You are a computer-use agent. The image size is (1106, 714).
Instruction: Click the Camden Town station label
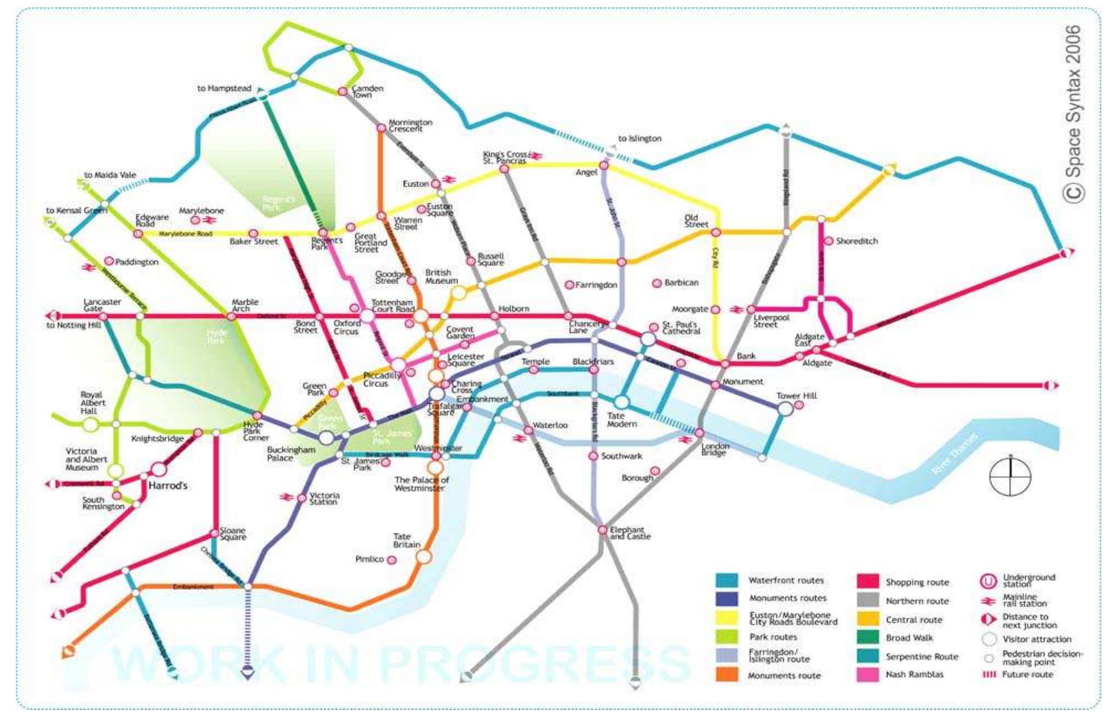[367, 92]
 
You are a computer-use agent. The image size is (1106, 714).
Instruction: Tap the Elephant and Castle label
[630, 533]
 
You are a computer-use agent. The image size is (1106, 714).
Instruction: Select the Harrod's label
[167, 486]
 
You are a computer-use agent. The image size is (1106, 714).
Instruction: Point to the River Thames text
[955, 454]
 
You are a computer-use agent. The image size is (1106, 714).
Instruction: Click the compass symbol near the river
[1010, 476]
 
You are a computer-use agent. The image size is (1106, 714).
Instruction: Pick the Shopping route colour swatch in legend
[867, 581]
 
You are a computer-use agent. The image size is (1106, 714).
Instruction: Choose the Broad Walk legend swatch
[867, 638]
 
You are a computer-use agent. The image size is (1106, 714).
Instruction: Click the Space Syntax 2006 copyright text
[1073, 114]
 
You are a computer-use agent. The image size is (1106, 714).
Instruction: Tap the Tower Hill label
[796, 396]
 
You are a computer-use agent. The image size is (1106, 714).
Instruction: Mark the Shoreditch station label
[856, 241]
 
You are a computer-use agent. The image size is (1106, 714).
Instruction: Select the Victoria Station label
[324, 499]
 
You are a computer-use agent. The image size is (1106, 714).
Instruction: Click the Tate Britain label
[406, 540]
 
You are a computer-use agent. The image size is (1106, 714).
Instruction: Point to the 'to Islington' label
[640, 138]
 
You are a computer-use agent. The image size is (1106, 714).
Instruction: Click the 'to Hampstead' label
[224, 88]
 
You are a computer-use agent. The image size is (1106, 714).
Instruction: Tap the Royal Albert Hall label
[92, 403]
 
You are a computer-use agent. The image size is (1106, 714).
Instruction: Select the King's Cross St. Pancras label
[505, 158]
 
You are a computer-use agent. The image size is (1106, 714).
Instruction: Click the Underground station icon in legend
[988, 581]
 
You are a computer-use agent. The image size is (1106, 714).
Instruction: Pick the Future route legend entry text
[1027, 675]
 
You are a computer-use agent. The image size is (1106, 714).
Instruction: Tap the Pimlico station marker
[392, 560]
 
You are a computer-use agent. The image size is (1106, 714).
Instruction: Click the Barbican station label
[681, 283]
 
